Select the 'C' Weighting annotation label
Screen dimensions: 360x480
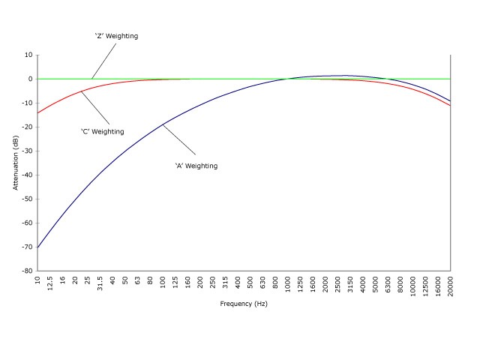pyautogui.click(x=103, y=131)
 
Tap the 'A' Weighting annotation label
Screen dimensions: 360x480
pyautogui.click(x=196, y=166)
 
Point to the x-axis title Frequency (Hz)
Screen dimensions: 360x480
pyautogui.click(x=244, y=304)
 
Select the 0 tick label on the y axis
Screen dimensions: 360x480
pyautogui.click(x=29, y=79)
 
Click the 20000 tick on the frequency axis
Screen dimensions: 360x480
pyautogui.click(x=451, y=286)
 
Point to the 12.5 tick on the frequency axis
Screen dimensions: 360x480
pyautogui.click(x=50, y=284)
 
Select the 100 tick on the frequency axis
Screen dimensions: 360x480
pyautogui.click(x=163, y=283)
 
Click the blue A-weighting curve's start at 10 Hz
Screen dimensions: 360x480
pyautogui.click(x=37, y=247)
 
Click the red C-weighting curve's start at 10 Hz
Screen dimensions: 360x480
pyautogui.click(x=37, y=112)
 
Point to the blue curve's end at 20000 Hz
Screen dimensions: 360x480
pyautogui.click(x=450, y=101)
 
